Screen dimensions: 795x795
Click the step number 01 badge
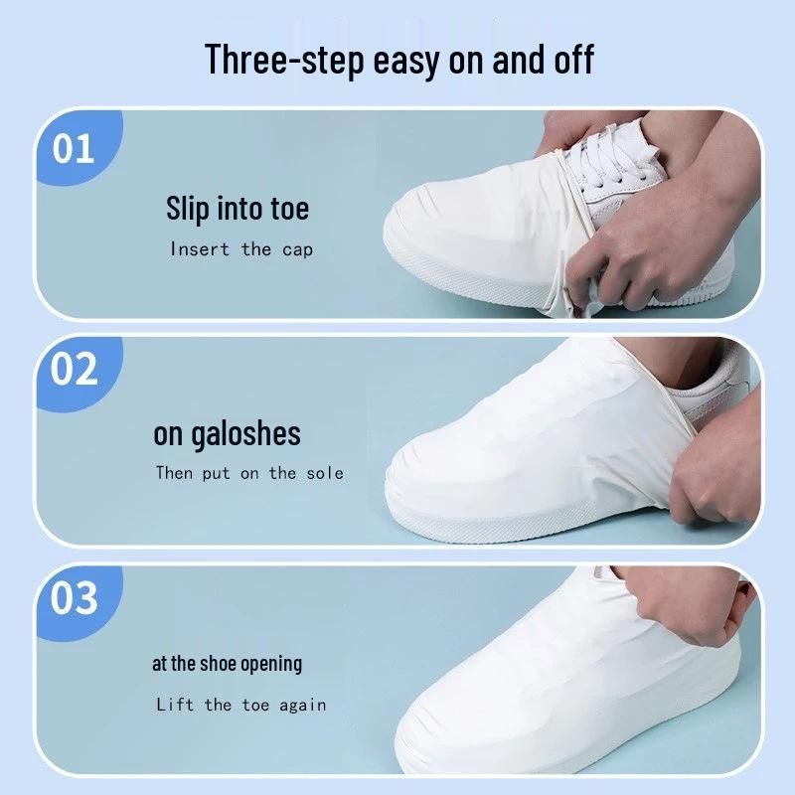click(x=77, y=147)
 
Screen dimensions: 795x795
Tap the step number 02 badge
click(x=77, y=372)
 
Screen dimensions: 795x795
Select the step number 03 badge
click(x=77, y=600)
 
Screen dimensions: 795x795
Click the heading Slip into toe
click(x=238, y=209)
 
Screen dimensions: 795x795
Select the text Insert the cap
click(x=241, y=249)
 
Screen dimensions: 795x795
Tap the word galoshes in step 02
click(x=245, y=435)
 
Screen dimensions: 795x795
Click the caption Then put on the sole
click(x=249, y=473)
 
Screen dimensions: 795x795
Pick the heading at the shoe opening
click(x=228, y=664)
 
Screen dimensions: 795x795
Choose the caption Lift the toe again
click(x=241, y=705)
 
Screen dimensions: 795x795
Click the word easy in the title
click(x=406, y=62)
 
